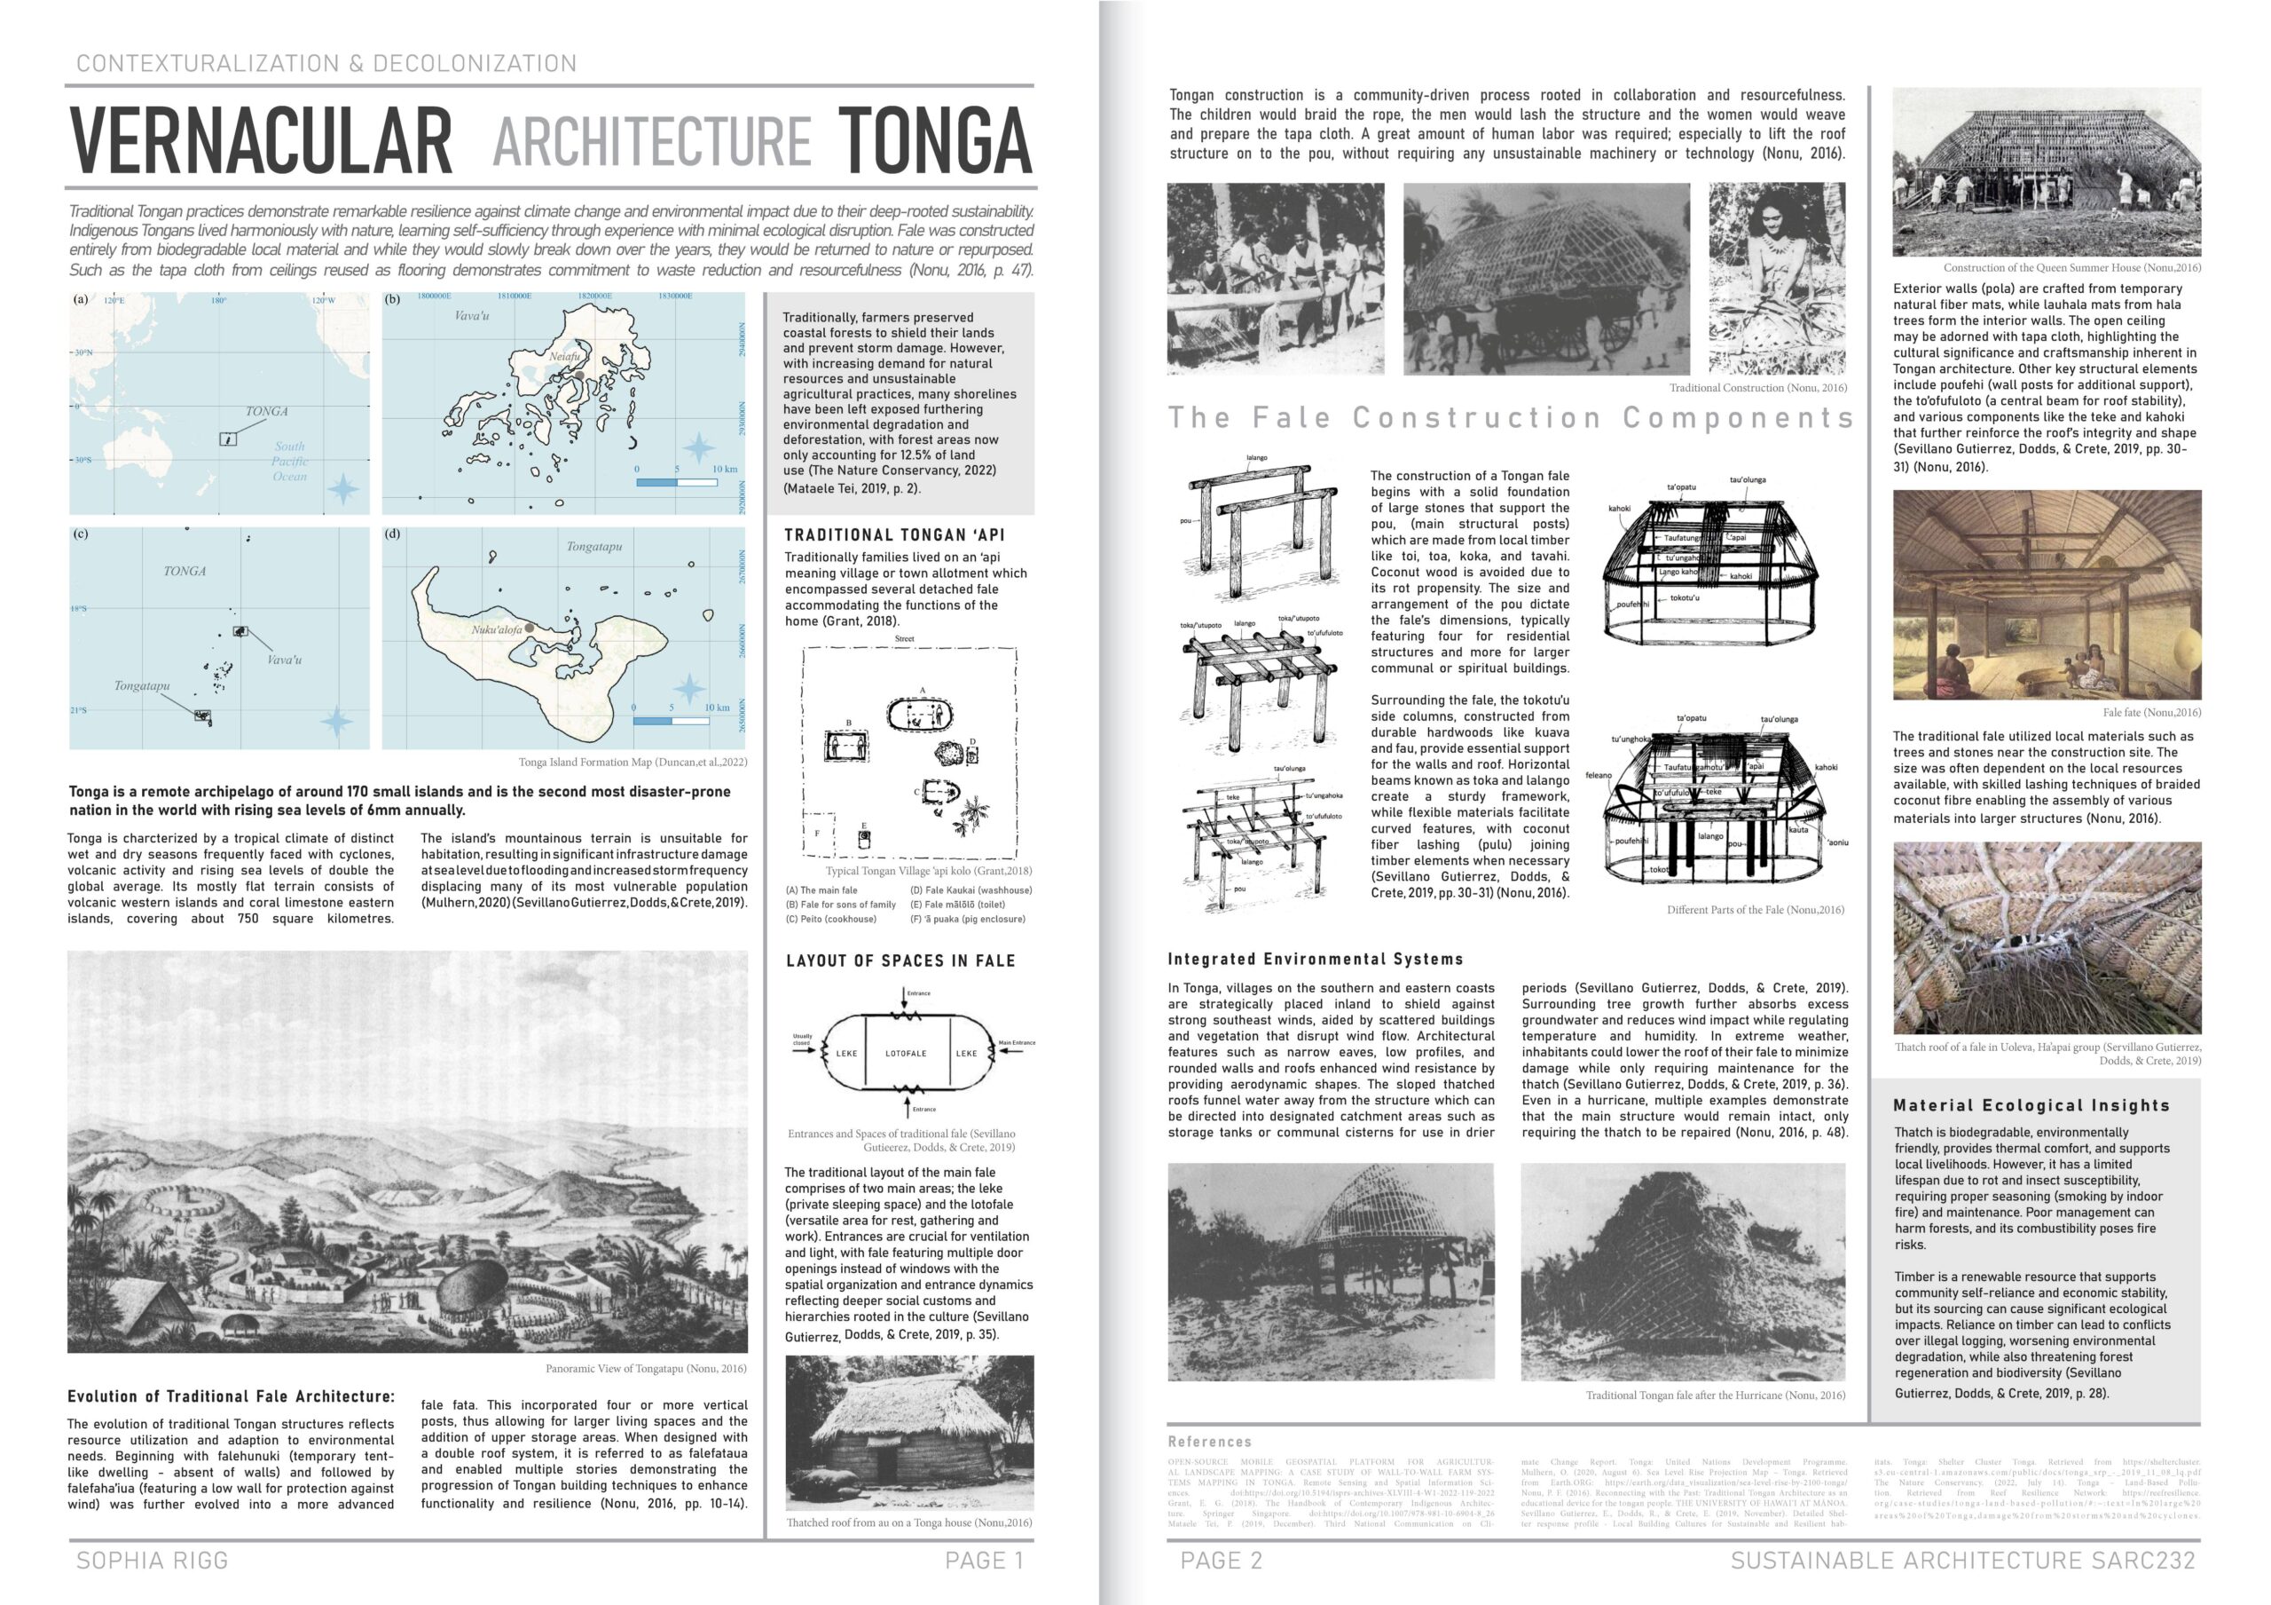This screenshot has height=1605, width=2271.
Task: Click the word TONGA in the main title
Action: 934,140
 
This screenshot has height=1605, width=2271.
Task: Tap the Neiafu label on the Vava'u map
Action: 565,356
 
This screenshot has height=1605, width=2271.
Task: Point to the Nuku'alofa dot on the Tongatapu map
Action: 530,628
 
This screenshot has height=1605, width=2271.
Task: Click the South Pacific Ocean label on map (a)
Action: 290,461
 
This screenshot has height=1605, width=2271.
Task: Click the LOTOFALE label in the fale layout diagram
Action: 905,1053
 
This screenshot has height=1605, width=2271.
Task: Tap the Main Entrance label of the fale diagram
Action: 1016,1043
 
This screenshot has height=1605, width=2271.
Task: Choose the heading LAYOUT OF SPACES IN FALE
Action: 900,961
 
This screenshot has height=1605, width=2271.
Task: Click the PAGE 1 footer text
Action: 983,1561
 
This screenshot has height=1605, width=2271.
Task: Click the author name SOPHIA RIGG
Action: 153,1561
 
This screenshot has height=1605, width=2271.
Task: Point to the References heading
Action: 1209,1442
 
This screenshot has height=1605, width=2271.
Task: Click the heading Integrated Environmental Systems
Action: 1315,959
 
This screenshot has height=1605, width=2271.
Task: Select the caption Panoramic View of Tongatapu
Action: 645,1369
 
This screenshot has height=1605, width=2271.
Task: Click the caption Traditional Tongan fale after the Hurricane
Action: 1714,1395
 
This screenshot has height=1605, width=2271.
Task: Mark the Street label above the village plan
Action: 904,639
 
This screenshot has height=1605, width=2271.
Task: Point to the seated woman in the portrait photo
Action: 1775,267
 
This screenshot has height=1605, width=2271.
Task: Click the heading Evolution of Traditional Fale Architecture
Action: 231,1396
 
